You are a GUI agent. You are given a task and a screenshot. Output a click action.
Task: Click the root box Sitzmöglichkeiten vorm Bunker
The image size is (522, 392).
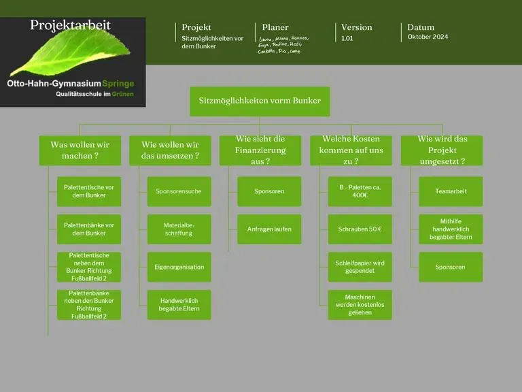click(260, 101)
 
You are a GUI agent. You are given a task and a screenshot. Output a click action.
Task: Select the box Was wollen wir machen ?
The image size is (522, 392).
click(80, 150)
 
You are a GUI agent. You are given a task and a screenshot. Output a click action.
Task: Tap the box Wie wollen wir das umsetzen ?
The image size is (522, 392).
click(170, 150)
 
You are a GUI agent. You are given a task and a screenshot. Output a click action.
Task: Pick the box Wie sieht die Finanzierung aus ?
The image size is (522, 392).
click(260, 150)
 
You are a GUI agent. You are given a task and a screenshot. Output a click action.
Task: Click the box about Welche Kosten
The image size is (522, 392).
click(351, 150)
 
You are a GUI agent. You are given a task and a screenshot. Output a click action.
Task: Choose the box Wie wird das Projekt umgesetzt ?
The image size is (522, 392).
click(442, 150)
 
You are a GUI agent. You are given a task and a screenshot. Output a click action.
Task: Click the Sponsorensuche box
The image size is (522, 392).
click(179, 191)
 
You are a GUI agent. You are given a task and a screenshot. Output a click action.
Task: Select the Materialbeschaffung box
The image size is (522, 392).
click(179, 229)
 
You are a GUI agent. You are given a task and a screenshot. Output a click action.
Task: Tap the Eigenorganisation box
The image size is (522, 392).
click(179, 267)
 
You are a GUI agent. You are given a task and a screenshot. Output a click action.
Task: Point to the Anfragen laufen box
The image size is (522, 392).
click(269, 229)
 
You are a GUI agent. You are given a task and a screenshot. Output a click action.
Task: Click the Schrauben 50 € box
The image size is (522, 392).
click(360, 229)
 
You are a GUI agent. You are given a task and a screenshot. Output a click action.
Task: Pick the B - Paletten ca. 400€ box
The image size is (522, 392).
click(360, 191)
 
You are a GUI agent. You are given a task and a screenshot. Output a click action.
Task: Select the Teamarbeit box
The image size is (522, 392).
click(451, 191)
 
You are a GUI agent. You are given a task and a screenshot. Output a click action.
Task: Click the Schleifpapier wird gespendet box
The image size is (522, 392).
click(360, 267)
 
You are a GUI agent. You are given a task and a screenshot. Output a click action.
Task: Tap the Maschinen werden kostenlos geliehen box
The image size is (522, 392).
click(360, 305)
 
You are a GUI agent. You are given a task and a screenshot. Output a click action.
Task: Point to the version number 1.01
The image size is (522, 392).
click(347, 39)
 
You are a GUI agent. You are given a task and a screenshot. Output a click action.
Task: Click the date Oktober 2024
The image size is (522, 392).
click(428, 37)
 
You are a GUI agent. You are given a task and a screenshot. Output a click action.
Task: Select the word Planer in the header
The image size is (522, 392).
click(275, 27)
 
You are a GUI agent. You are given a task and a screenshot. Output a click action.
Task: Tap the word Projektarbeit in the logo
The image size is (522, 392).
click(70, 26)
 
